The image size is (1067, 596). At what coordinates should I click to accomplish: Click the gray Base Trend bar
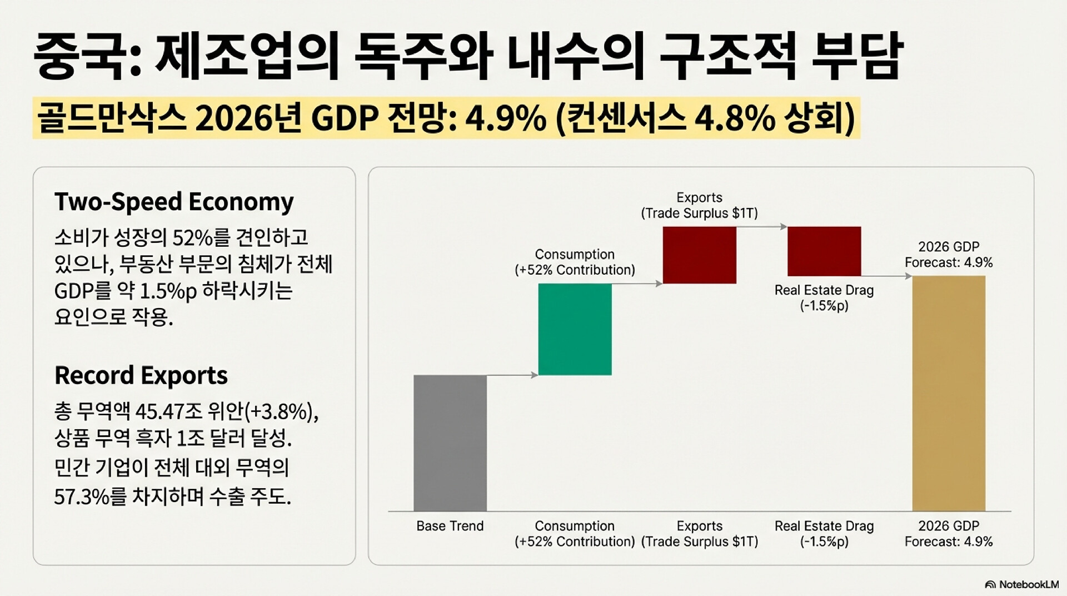450,443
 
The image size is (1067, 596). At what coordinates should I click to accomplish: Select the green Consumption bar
575,329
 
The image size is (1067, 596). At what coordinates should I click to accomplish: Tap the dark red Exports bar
699,255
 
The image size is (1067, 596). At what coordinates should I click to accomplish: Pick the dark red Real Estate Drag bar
824,251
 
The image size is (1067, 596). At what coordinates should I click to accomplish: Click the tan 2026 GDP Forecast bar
949,393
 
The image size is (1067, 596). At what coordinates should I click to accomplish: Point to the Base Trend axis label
450,526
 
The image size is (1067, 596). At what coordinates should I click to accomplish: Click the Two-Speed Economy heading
174,202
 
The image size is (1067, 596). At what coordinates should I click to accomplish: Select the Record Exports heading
141,376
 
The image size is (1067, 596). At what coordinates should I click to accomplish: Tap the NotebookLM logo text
1028,584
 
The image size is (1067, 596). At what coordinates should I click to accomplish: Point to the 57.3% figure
82,496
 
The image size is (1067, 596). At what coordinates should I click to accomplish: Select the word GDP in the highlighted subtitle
345,118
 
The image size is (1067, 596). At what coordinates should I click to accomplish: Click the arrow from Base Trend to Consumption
512,375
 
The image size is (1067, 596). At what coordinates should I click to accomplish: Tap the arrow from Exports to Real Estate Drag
762,227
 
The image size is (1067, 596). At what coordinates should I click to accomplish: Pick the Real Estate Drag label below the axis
824,534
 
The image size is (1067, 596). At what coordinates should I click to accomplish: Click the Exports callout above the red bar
699,206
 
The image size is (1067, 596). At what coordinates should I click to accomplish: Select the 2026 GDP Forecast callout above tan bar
949,255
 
